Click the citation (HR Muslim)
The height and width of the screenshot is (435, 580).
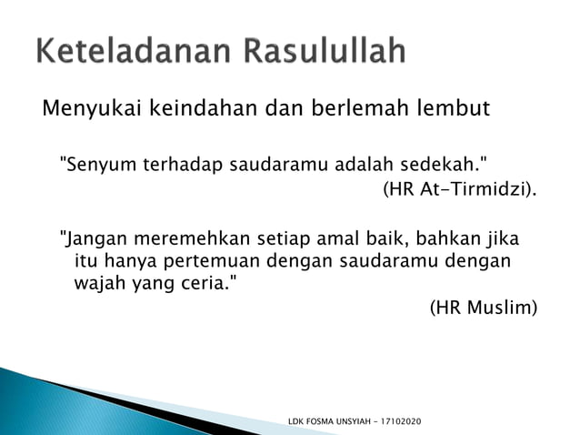(483, 308)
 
